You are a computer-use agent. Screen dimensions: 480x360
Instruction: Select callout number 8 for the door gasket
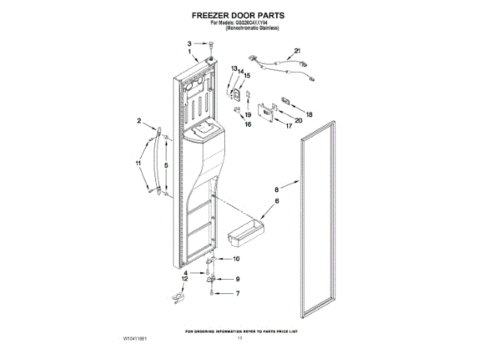pos(276,190)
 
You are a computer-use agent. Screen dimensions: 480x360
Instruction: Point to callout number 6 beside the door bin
pos(276,202)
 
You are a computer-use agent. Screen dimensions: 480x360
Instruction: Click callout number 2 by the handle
pos(139,120)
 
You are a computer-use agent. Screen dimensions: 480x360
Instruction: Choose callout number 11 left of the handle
pos(137,163)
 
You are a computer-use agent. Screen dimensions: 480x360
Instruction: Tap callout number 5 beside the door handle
pos(166,164)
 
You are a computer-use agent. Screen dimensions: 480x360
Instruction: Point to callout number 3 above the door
pos(190,43)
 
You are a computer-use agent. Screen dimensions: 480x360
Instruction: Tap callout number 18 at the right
pos(309,114)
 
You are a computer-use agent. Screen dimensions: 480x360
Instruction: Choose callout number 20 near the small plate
pos(298,120)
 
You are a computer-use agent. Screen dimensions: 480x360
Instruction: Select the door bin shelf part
pos(241,230)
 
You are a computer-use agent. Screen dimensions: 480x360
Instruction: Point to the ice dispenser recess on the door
pos(204,133)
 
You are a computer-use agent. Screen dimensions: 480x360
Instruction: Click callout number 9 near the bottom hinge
pos(238,278)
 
